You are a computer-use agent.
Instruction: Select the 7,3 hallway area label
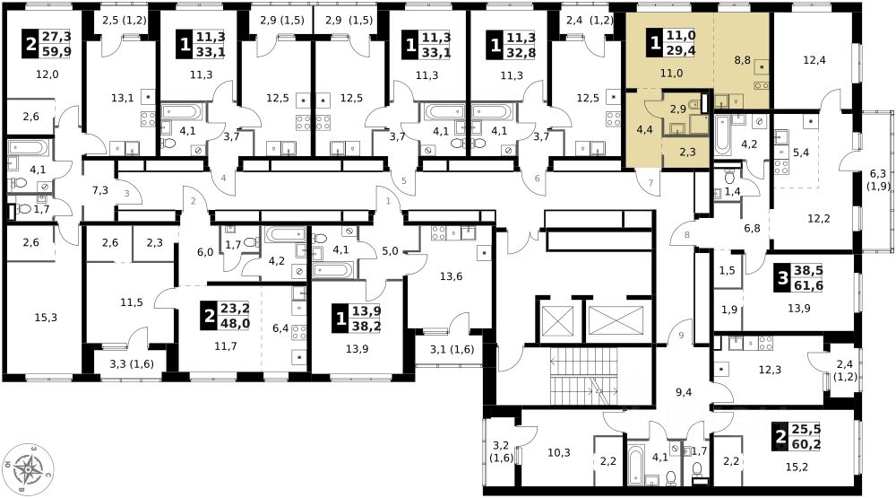[100, 190]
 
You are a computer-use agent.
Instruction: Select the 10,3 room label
[558, 452]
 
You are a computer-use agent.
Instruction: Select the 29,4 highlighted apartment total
[685, 50]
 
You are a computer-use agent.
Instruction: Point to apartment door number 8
[687, 236]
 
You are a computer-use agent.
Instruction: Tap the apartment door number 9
[681, 336]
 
